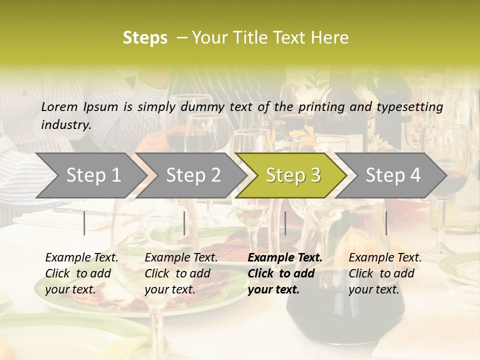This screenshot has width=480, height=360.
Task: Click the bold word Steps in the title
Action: click(x=145, y=38)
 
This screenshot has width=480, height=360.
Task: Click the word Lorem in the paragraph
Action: click(x=59, y=106)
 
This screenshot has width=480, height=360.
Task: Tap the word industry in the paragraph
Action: click(x=65, y=125)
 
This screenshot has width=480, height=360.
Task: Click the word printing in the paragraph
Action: click(x=319, y=106)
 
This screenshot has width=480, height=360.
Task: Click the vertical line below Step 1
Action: click(x=84, y=223)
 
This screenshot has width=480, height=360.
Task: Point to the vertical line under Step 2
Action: click(x=184, y=223)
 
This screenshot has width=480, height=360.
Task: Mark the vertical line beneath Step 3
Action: click(x=285, y=223)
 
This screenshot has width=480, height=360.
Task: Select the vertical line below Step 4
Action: click(x=386, y=223)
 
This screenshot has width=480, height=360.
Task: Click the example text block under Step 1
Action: click(x=81, y=273)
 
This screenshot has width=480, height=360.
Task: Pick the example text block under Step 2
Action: click(x=181, y=273)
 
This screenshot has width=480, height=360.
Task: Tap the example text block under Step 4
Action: click(x=385, y=273)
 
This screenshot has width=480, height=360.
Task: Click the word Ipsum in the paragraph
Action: click(x=100, y=106)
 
